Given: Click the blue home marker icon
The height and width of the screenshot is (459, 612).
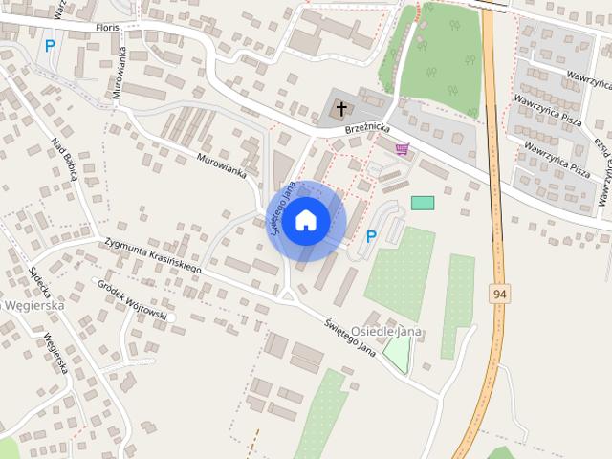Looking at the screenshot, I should click(305, 220).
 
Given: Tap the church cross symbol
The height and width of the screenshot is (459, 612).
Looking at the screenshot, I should click(341, 110).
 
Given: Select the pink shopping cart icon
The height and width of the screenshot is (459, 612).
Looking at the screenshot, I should click(403, 149).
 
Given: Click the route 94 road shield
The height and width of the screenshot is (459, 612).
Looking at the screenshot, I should click(499, 294).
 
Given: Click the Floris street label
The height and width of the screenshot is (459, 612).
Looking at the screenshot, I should click(108, 28).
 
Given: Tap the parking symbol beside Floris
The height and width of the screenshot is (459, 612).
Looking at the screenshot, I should click(49, 45).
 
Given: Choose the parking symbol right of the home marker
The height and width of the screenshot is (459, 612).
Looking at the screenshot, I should click(371, 236).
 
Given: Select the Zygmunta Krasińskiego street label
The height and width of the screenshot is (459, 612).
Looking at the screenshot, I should click(153, 257).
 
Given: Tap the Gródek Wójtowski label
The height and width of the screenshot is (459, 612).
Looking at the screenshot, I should click(134, 300).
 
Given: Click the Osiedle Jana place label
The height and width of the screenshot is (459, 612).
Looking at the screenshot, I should click(387, 330).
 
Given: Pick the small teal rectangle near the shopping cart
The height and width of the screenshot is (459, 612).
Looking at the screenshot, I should click(422, 203).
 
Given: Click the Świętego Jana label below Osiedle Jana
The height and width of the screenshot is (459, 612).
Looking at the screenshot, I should click(348, 336).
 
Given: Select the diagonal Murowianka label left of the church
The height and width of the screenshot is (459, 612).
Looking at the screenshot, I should click(222, 166).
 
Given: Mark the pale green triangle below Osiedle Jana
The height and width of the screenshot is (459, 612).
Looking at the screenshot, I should click(396, 355).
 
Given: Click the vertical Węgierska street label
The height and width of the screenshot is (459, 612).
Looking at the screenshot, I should click(56, 353).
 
